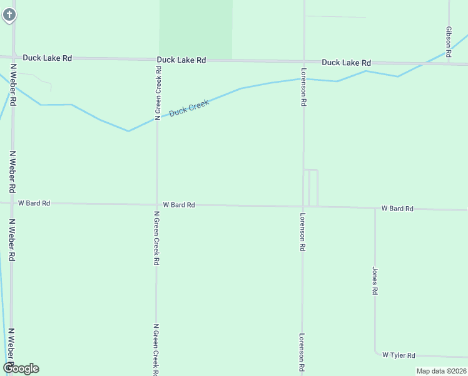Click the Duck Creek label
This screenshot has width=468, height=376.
[188, 108]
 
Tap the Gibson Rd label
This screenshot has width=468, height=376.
[449, 38]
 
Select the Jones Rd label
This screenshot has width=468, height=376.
[375, 281]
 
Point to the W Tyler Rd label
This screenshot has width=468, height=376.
[399, 355]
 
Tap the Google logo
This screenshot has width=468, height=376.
[21, 368]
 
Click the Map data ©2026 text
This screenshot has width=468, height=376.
[441, 371]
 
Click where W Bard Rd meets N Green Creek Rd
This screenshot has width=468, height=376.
[157, 204]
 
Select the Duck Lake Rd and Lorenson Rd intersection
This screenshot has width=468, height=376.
[304, 61]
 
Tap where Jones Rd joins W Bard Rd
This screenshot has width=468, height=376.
[375, 207]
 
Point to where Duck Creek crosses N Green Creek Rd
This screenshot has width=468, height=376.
[157, 118]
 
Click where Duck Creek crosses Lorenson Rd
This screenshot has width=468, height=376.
[304, 79]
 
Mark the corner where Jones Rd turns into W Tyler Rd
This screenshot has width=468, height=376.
[375, 353]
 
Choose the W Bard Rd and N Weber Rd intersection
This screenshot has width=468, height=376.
[13, 202]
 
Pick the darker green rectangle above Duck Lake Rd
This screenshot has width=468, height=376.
[196, 29]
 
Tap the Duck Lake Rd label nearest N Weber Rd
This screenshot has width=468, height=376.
[48, 58]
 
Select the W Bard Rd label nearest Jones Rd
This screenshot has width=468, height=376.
[397, 208]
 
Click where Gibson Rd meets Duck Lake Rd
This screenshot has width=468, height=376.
[449, 64]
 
